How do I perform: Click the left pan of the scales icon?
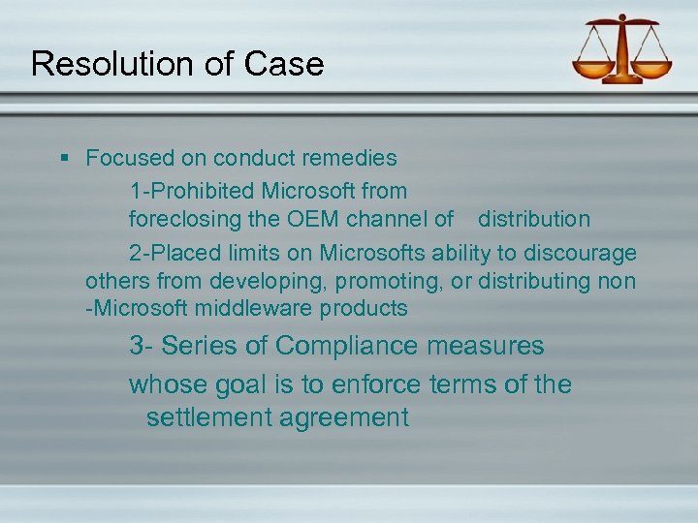[593, 71]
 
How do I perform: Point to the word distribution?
[533, 219]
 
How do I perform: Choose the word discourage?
[581, 253]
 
